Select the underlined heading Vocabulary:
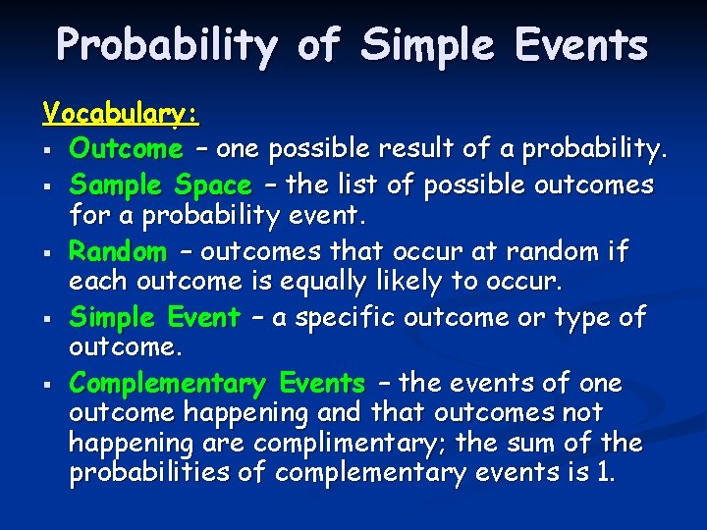(121, 115)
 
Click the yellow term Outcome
(126, 149)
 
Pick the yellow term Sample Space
(160, 185)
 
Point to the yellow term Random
(118, 251)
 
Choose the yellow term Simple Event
(154, 317)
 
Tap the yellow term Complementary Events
(217, 383)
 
